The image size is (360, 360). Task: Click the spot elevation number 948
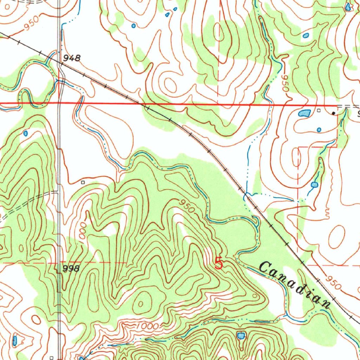pyautogui.click(x=72, y=58)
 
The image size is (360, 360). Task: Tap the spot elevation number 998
pyautogui.click(x=71, y=269)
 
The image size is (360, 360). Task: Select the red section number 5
pyautogui.click(x=219, y=263)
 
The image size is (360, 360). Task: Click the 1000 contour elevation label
pyautogui.click(x=147, y=326)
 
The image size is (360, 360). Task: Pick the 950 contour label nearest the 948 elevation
pyautogui.click(x=31, y=25)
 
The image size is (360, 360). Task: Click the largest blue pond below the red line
pyautogui.click(x=304, y=113)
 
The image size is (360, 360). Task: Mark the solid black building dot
pyautogui.click(x=333, y=113)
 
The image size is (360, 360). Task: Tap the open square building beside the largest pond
pyautogui.click(x=319, y=110)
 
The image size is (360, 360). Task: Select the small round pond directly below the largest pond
pyautogui.click(x=319, y=130)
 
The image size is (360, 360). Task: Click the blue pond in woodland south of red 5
pyautogui.click(x=241, y=335)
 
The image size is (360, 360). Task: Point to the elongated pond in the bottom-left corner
pyautogui.click(x=15, y=340)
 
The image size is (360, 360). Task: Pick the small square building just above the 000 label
pyautogui.click(x=83, y=182)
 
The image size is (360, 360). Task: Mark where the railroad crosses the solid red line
pyautogui.click(x=142, y=104)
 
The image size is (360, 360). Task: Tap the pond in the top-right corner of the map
pyautogui.click(x=348, y=7)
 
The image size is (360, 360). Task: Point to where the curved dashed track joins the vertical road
pyautogui.click(x=58, y=192)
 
